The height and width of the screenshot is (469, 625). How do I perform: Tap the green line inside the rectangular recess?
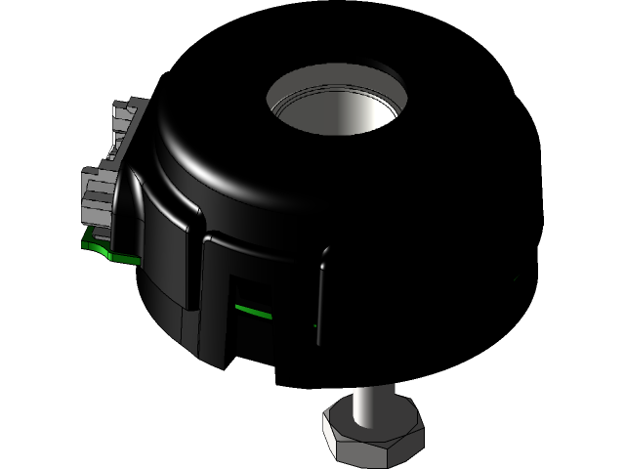pos(251,310)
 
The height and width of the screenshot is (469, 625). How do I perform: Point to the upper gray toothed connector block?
pos(127,117)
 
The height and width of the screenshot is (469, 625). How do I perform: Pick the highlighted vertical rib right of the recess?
pos(320,293)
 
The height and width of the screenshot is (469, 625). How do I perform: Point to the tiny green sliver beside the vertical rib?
pos(314,324)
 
